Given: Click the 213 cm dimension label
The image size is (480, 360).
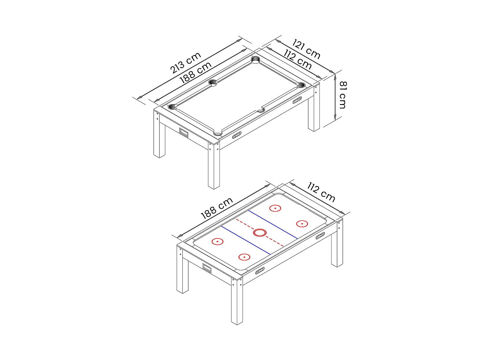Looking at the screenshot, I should (185, 63).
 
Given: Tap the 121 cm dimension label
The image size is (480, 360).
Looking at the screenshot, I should (306, 49).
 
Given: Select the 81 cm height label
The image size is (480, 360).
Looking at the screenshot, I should (343, 95).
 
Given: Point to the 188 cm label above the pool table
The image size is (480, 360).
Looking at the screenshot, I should (195, 72).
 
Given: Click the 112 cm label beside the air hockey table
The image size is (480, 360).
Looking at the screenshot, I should (321, 192).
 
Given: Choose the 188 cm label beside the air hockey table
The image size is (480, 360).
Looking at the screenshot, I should (217, 208).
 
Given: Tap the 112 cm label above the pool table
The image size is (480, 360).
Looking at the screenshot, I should (298, 60).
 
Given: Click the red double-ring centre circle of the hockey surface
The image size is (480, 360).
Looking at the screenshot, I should (260, 233).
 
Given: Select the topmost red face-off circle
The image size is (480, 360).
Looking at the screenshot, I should (275, 208).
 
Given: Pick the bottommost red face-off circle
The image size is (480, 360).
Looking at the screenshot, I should (244, 257).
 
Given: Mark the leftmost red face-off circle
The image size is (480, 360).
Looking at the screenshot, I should (218, 242).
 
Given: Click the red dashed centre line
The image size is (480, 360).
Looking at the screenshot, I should (260, 233).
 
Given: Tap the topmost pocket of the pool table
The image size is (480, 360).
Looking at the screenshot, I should (256, 60).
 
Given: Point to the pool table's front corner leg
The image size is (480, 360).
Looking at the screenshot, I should (214, 166).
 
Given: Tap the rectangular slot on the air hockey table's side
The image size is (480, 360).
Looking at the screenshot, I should (207, 268).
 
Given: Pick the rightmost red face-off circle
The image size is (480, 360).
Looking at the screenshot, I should (302, 224).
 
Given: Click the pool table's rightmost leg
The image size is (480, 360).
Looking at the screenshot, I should (314, 109).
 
